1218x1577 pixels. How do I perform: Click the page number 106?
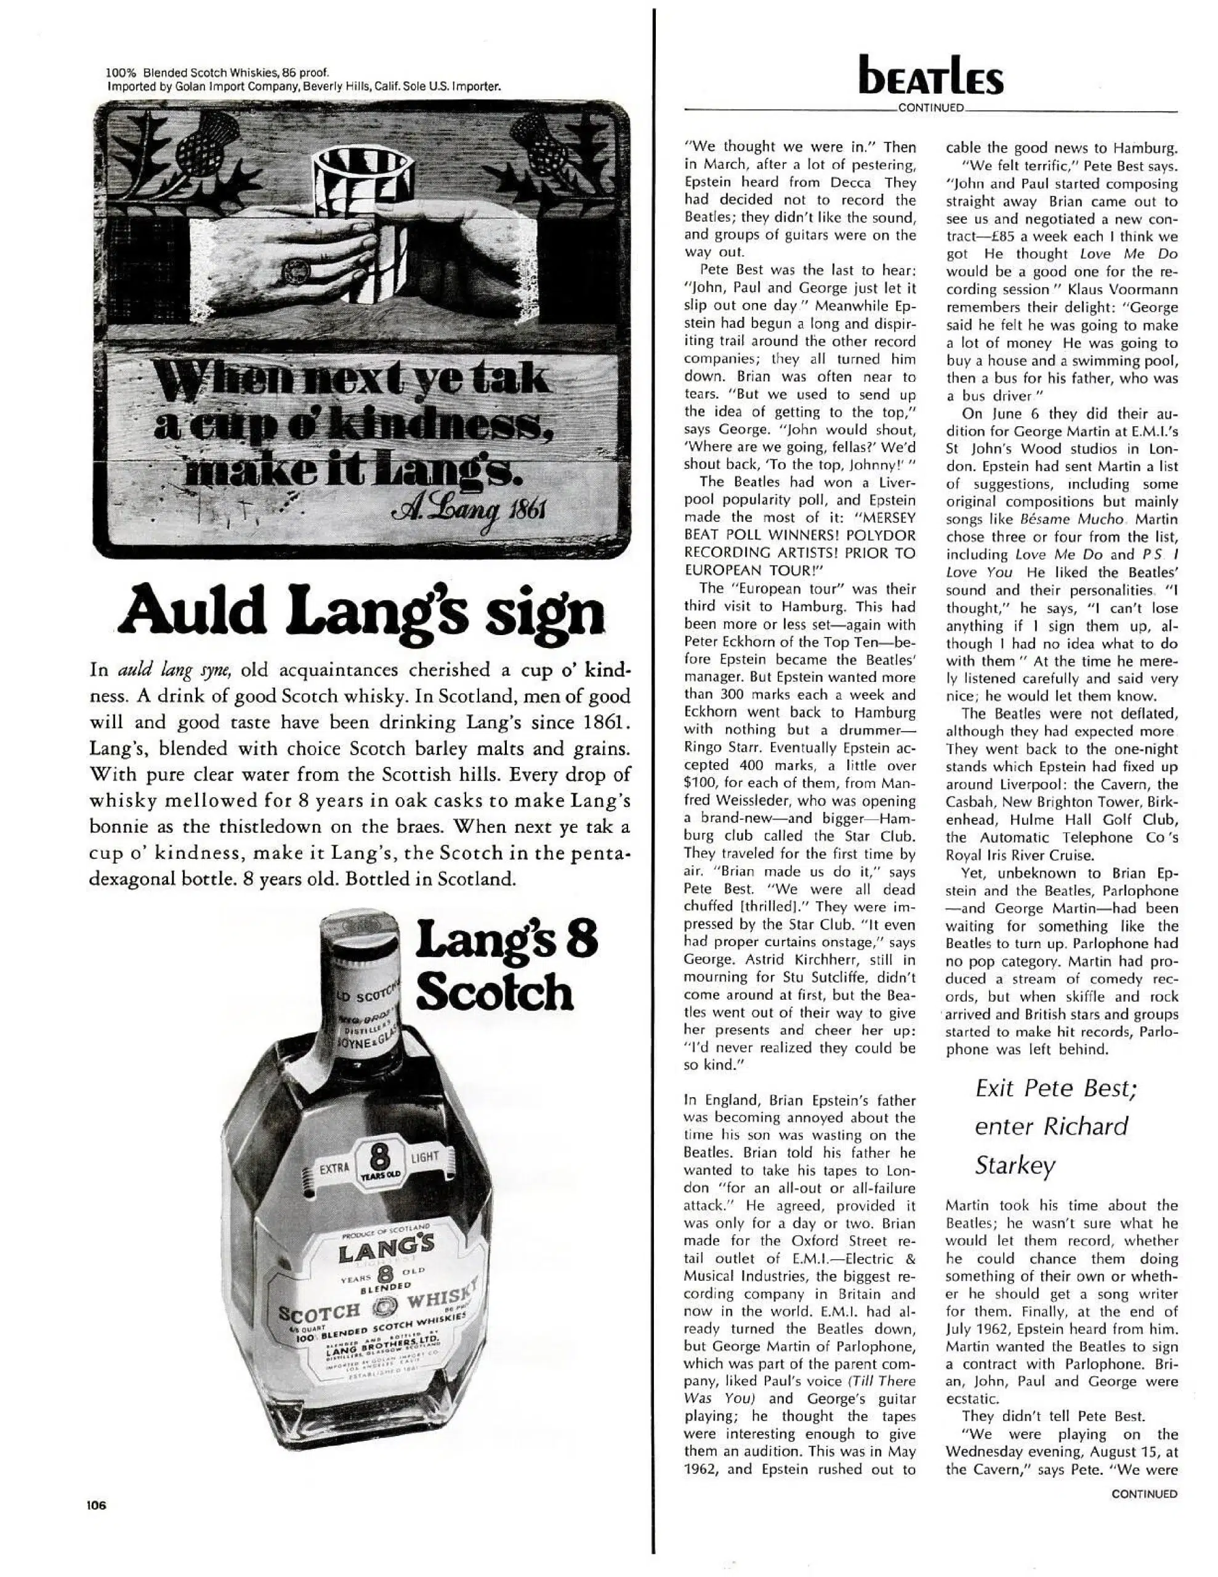coord(95,1506)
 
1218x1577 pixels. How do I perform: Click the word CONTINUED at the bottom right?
coord(1143,1494)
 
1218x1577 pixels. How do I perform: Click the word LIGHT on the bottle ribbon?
coord(424,1157)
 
